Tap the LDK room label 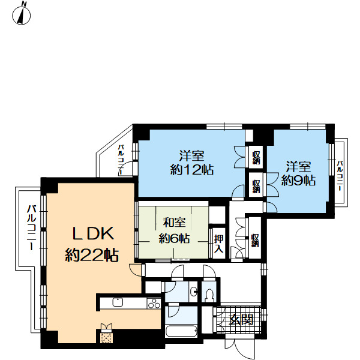pyautogui.click(x=93, y=233)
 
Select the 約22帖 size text pyautogui.click(x=92, y=255)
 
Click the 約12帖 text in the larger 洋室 pyautogui.click(x=192, y=170)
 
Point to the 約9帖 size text pyautogui.click(x=298, y=181)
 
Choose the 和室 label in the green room pyautogui.click(x=174, y=223)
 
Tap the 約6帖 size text pyautogui.click(x=174, y=239)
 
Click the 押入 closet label pyautogui.click(x=218, y=244)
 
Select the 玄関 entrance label pyautogui.click(x=242, y=320)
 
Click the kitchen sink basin pyautogui.click(x=118, y=302)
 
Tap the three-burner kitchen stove pyautogui.click(x=154, y=303)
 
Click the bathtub pyautogui.click(x=181, y=331)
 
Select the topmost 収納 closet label pyautogui.click(x=256, y=158)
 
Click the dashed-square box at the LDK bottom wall pyautogui.click(x=107, y=337)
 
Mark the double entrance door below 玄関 pyautogui.click(x=240, y=347)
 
